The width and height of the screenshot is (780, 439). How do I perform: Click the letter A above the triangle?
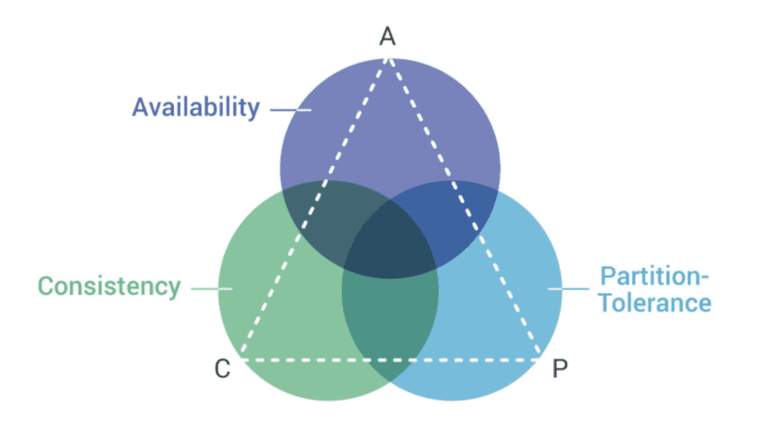388,37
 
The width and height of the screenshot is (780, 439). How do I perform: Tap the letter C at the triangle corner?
222,369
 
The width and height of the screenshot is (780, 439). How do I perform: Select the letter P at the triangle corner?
560,369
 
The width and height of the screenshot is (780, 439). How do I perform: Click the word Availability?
196,107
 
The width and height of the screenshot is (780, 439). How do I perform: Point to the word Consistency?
109,286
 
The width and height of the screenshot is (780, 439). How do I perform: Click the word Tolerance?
655,303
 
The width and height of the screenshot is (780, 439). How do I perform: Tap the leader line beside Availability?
291,110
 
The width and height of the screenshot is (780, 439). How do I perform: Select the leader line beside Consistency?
212,289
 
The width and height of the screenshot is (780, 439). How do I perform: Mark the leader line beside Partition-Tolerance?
568,289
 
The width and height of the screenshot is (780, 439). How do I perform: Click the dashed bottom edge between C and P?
390,360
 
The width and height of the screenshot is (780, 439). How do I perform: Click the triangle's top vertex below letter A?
388,59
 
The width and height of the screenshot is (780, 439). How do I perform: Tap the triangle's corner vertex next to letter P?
539,359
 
